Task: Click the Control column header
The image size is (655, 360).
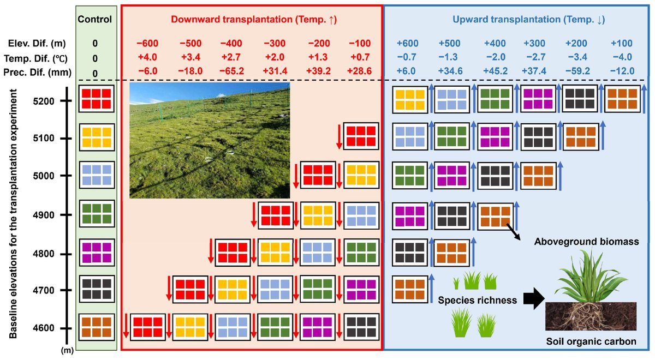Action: pos(94,20)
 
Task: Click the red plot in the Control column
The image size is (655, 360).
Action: pos(96,99)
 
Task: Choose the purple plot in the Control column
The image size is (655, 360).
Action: pos(96,252)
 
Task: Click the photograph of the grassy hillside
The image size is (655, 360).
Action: pos(210,140)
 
